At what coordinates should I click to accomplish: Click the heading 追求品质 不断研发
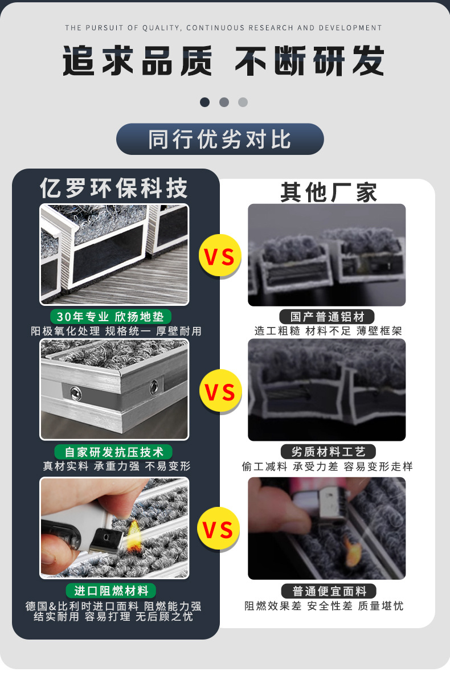point(223,61)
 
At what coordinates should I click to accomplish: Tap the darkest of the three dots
point(205,102)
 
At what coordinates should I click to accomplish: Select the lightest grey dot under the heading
point(243,102)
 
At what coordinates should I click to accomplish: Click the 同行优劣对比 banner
point(220,139)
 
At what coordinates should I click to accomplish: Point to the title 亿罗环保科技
point(114,188)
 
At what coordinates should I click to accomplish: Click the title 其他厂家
point(329,192)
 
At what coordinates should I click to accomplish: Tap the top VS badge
point(219,256)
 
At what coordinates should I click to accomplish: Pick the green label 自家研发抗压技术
point(114,452)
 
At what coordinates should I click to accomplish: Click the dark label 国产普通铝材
point(328,317)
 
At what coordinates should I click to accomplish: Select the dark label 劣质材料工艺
point(328,452)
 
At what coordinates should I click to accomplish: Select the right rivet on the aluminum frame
point(153,388)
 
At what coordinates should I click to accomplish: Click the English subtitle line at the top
point(223,28)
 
